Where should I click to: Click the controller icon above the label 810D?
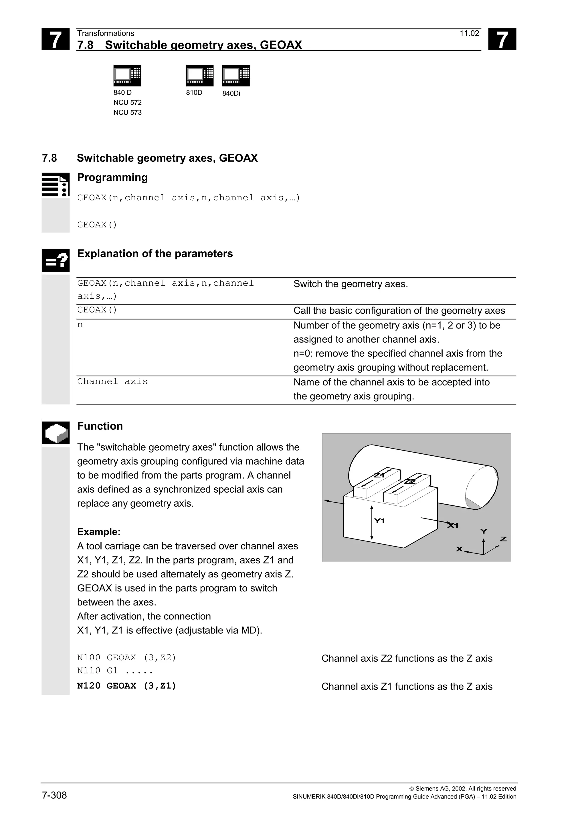point(200,75)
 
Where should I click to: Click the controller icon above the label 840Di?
point(236,75)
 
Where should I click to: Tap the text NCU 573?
point(127,113)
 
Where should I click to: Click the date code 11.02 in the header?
point(469,33)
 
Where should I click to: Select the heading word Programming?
point(112,177)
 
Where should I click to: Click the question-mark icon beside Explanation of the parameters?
point(56,260)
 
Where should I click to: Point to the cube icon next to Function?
point(56,432)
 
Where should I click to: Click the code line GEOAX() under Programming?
point(97,225)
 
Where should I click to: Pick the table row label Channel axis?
point(112,381)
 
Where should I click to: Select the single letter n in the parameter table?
point(80,325)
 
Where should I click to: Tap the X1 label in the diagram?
point(453,525)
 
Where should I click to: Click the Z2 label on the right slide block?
point(410,481)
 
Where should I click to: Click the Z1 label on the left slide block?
point(379,475)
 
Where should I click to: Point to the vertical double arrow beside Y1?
point(371,523)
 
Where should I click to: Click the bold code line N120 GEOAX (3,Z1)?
point(126,686)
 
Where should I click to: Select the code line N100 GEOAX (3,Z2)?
point(126,658)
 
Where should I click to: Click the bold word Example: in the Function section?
point(98,532)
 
